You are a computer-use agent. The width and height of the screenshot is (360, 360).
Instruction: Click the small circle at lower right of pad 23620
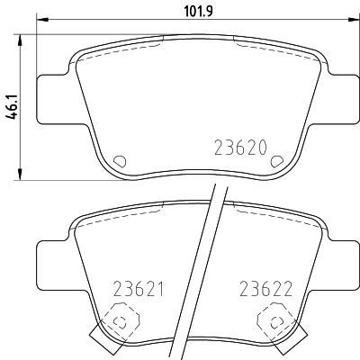tap(277, 160)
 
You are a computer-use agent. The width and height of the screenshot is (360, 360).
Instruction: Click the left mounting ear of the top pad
tap(52, 97)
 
